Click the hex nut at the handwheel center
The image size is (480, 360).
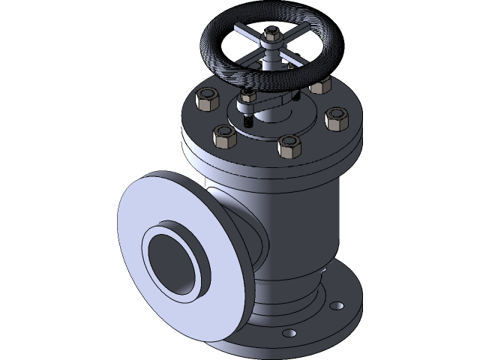pyautogui.click(x=271, y=34)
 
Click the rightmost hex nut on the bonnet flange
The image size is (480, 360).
pyautogui.click(x=337, y=118)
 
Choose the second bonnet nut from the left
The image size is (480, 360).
pyautogui.click(x=224, y=136)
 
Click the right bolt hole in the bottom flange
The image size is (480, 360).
pyautogui.click(x=337, y=307)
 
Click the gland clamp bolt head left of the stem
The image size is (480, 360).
pyautogui.click(x=248, y=97)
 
